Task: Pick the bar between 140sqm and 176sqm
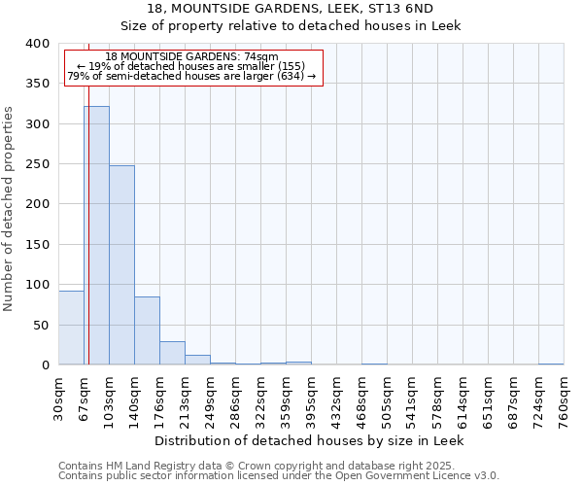[147, 330]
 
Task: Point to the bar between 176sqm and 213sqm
[172, 353]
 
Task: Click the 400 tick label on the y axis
[38, 44]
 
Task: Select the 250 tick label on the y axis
[38, 164]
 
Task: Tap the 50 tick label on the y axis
[42, 325]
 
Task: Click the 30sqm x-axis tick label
[59, 397]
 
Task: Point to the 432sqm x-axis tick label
[337, 399]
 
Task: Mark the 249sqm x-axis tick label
[211, 399]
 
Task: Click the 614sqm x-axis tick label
[463, 399]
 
